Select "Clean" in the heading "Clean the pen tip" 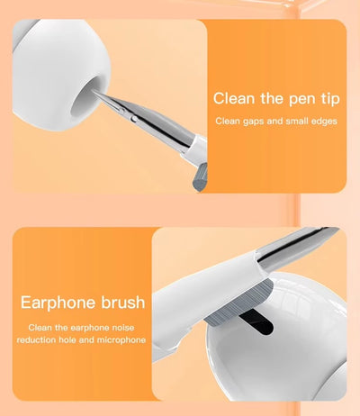tap(234, 97)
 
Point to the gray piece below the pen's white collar tap(197, 171)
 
